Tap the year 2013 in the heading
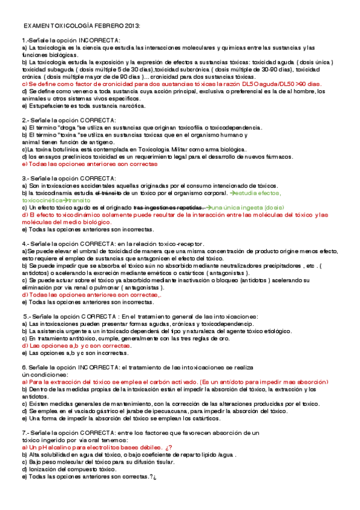(131, 26)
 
